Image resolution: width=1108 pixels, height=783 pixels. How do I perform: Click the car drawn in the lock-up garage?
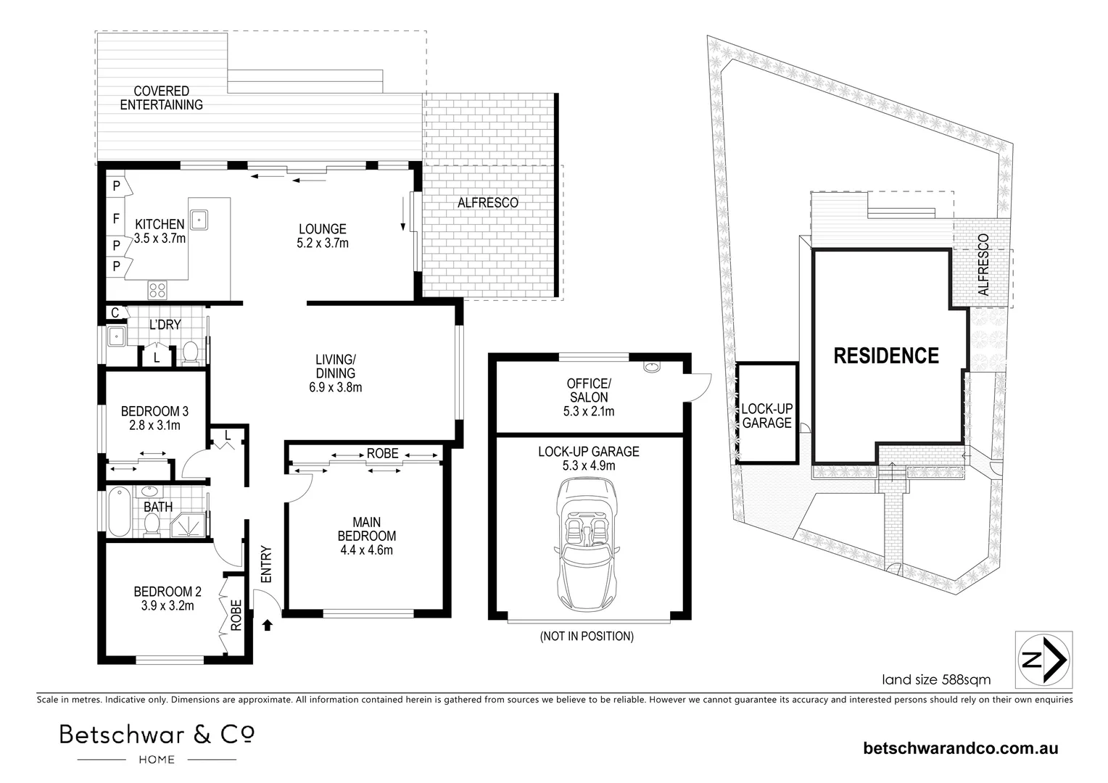587,545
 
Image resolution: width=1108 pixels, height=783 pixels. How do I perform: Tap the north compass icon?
1043,659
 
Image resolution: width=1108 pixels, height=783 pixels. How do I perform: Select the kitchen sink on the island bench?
199,220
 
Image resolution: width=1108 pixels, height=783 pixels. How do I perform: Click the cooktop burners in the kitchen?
157,290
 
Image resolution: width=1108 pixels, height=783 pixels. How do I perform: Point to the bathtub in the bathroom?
119,511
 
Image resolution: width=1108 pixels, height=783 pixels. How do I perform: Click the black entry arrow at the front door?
267,625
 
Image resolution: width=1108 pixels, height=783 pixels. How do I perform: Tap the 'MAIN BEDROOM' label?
366,529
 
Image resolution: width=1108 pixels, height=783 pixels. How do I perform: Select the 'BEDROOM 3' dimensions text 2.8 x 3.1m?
155,426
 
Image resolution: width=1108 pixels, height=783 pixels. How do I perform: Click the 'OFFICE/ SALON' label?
589,390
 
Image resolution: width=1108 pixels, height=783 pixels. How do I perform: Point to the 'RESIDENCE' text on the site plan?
886,356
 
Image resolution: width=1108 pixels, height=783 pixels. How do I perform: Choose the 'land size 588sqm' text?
936,679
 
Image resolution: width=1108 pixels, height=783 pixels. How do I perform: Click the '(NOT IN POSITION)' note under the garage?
587,636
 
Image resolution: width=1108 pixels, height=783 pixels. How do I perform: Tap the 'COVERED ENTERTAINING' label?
161,98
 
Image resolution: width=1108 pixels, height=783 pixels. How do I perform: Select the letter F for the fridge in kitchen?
116,218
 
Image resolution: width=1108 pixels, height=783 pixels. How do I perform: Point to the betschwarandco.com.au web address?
961,748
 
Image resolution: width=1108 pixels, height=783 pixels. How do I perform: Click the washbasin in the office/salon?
652,367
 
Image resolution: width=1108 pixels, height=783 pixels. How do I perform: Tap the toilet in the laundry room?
191,352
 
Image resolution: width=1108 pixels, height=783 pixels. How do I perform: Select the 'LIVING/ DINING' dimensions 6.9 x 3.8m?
335,387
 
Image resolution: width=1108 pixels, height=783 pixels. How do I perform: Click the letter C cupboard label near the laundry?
115,312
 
